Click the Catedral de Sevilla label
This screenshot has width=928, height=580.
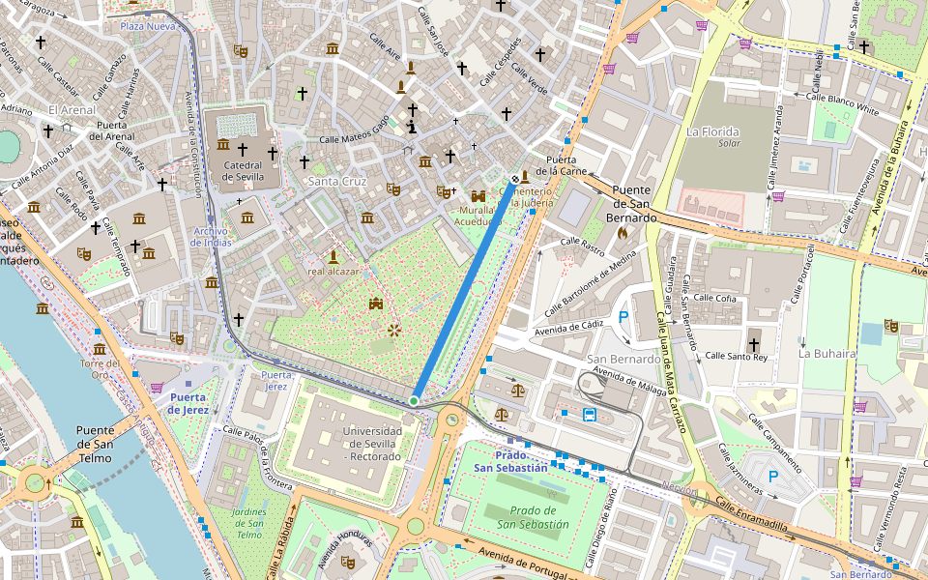tap(242, 171)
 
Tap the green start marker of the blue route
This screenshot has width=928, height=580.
tap(414, 400)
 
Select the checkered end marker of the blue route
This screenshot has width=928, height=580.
tap(514, 179)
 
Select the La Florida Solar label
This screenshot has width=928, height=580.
tap(712, 136)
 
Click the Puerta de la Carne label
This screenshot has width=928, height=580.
tap(567, 165)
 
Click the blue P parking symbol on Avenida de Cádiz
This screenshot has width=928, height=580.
tap(623, 316)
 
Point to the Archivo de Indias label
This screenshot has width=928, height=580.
tap(210, 237)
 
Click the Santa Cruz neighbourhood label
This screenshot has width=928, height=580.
tap(336, 181)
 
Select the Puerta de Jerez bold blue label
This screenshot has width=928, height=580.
tap(188, 402)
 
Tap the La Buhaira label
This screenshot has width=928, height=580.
tap(826, 354)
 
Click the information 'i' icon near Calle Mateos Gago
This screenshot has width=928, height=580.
tap(412, 127)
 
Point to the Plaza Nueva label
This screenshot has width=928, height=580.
tap(148, 26)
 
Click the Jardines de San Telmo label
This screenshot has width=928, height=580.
tap(248, 522)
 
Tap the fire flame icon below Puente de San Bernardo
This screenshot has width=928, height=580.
tap(623, 233)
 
